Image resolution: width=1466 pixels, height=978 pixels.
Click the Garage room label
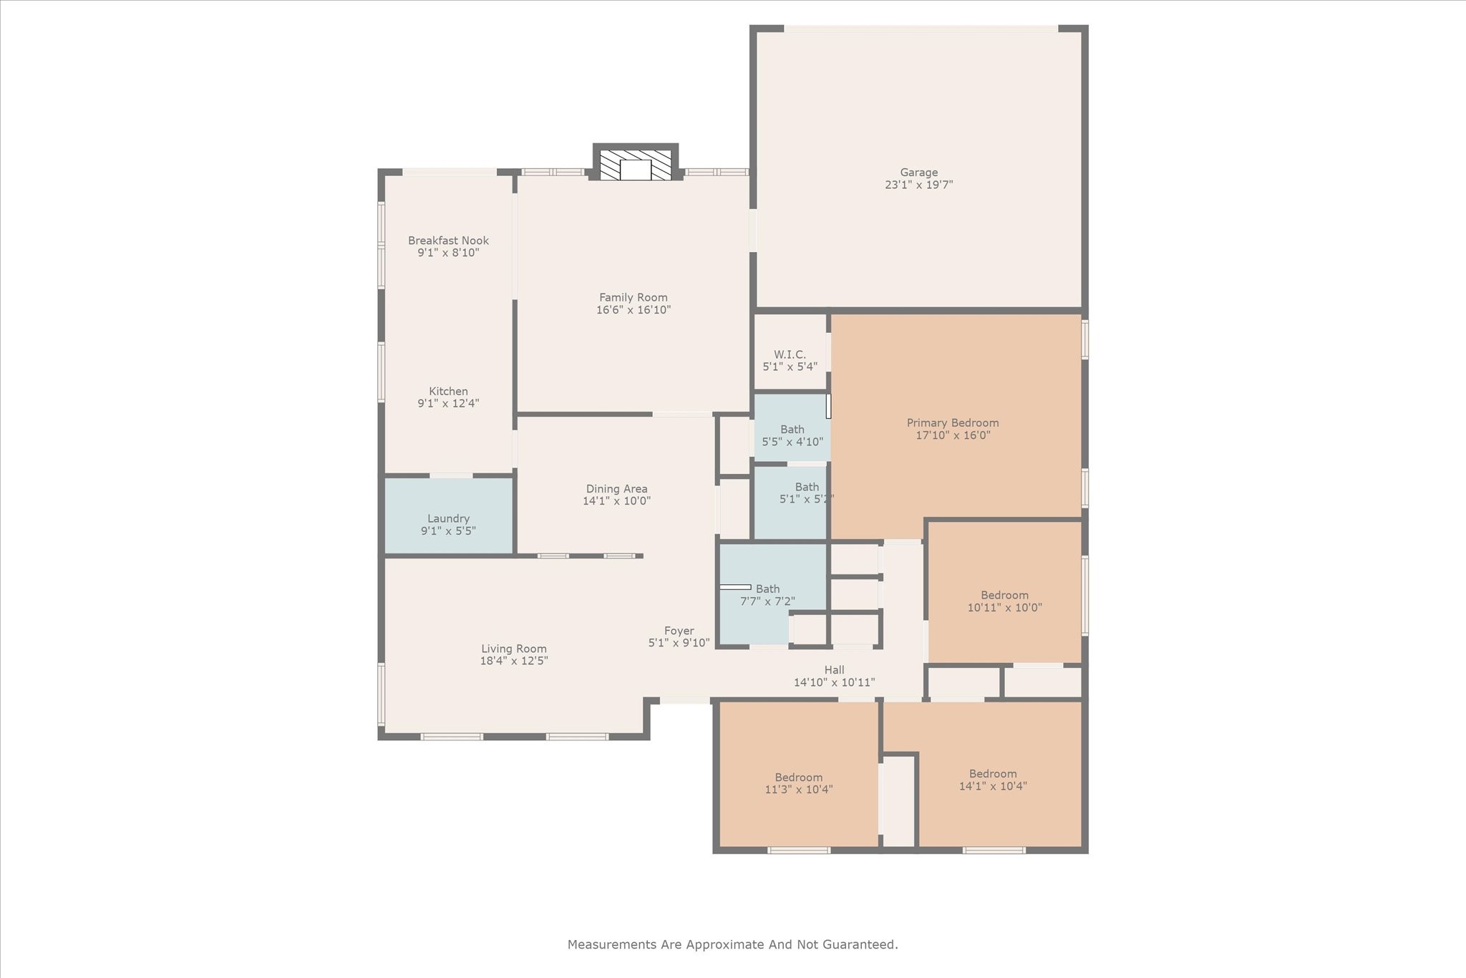coord(918,172)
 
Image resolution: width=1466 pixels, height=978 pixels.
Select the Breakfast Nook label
coord(448,241)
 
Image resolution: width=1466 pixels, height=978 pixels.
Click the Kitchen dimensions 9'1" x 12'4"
coord(448,404)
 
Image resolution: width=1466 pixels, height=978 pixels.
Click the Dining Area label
coord(616,489)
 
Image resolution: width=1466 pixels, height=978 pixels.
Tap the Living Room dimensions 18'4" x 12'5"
coord(514,661)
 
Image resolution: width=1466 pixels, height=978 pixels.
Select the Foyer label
coord(679,631)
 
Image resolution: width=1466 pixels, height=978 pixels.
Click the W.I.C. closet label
coord(790,354)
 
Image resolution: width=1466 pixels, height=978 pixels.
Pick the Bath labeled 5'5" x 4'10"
coord(792,435)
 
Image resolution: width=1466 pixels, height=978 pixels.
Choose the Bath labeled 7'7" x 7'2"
coord(767,595)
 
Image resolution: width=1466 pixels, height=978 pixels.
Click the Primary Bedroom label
coord(952,423)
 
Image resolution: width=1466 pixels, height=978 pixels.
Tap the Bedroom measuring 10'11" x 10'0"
coord(1004,601)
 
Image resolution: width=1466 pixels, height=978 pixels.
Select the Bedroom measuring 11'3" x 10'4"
coord(798,783)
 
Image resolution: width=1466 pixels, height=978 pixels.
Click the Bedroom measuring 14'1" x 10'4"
coord(992,780)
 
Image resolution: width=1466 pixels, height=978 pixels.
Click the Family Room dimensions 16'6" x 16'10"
coord(633,310)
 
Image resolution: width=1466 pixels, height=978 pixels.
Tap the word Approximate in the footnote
coord(727,945)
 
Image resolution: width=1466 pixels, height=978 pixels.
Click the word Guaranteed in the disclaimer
coord(858,945)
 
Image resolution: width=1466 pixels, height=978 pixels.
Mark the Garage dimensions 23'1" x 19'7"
coord(918,185)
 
